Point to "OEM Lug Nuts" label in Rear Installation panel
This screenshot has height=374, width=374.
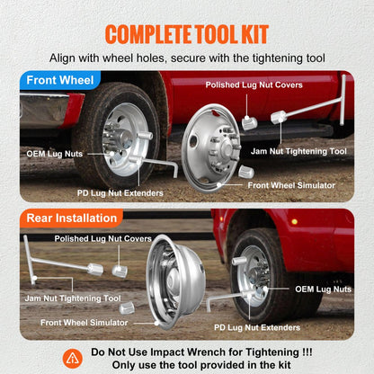tap(323, 289)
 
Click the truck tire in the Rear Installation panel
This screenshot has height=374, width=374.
tap(270, 270)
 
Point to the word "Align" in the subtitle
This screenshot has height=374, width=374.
tap(66, 58)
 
